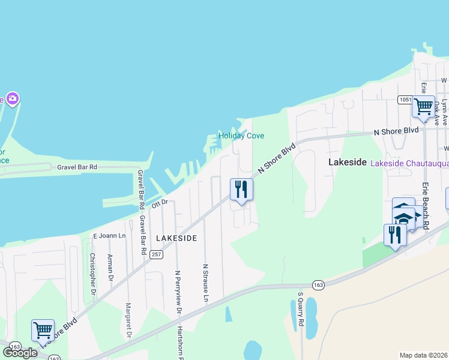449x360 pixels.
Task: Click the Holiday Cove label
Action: point(241,136)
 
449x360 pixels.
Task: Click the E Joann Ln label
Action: point(109,236)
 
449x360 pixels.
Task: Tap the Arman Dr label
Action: point(110,267)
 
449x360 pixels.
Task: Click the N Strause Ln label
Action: point(205,283)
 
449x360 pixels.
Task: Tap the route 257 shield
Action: point(157,255)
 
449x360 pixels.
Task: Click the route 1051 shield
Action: point(403,99)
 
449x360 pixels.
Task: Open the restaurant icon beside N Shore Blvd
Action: point(241,190)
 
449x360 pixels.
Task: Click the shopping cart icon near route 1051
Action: point(423,107)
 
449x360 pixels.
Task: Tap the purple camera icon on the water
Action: point(13,98)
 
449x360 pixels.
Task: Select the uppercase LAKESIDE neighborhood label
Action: point(176,238)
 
